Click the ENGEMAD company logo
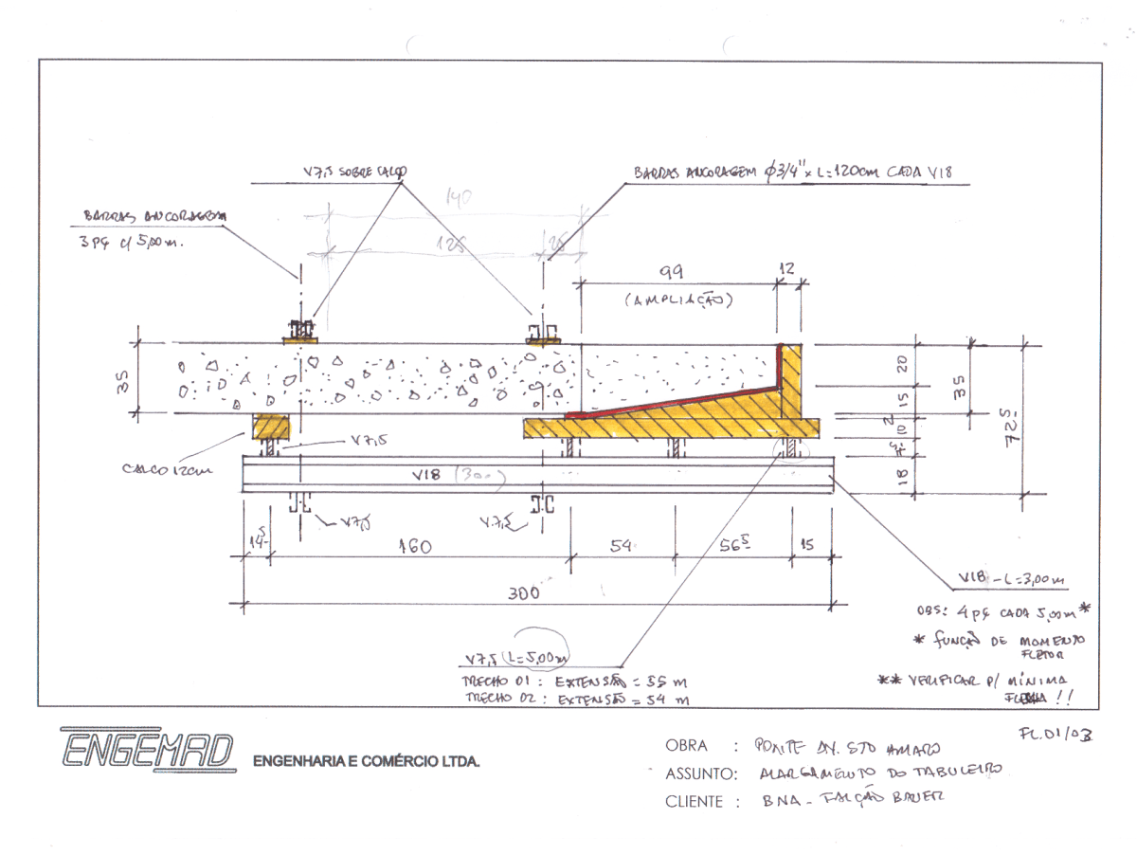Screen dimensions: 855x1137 pos(147,750)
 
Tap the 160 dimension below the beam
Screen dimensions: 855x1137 pos(414,547)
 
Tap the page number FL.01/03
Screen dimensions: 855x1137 pos(1055,734)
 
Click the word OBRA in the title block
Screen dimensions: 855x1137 pos(686,746)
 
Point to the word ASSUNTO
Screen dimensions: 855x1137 pos(700,773)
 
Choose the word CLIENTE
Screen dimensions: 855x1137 pos(700,801)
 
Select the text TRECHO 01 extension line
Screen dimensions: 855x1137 pos(574,682)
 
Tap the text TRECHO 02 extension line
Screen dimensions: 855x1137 pos(574,700)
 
